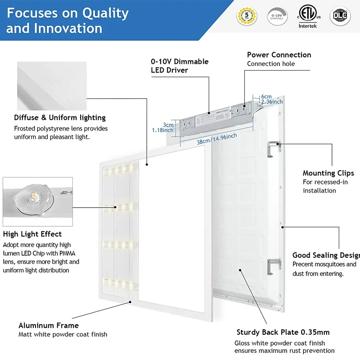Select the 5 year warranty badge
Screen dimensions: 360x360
[x=247, y=16]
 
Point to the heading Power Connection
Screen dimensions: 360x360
[x=279, y=55]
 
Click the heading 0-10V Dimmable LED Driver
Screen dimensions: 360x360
[x=180, y=66]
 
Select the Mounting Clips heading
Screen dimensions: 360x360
[x=328, y=173]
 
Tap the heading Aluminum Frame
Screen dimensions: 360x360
[x=49, y=325]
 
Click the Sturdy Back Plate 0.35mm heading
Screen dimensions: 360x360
[x=283, y=333]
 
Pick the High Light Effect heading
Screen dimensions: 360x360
[x=32, y=234]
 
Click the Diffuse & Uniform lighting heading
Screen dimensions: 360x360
[x=60, y=118]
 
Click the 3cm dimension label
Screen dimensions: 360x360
[x=168, y=125]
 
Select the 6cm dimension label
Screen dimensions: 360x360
[x=266, y=97]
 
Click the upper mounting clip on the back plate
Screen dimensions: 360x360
[x=272, y=148]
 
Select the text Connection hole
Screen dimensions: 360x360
[x=271, y=64]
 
